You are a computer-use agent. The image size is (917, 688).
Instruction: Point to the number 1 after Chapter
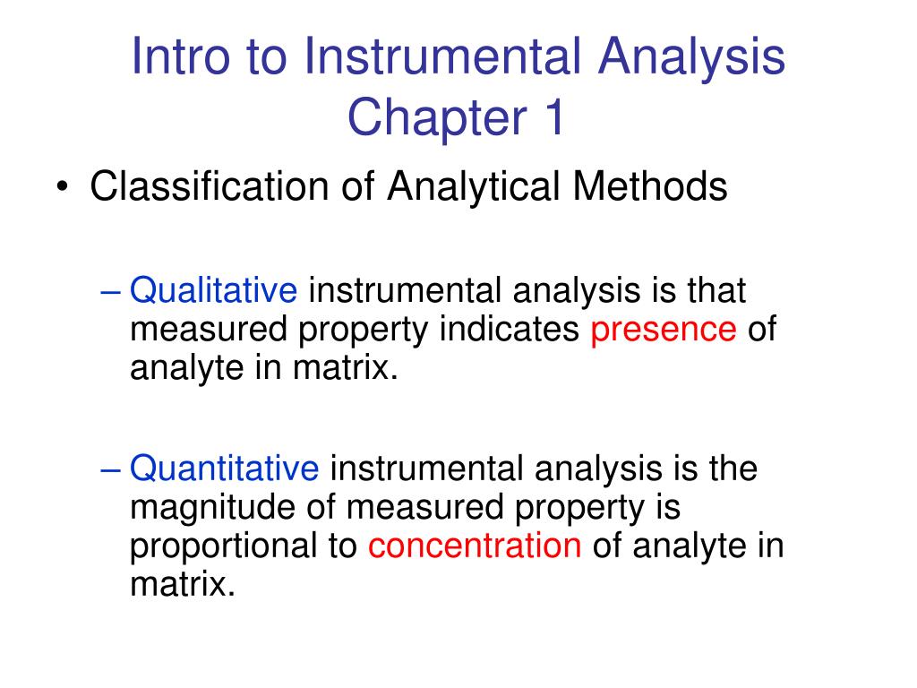pos(554,118)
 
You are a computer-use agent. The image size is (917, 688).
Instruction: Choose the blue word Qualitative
pos(213,292)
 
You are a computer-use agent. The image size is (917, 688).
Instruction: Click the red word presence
pos(664,331)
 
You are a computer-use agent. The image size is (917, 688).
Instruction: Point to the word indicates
pos(509,330)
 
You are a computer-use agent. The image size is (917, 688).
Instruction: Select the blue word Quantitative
pos(224,469)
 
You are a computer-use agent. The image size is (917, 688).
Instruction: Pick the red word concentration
pos(475,546)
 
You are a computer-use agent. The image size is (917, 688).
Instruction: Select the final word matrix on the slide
pos(181,585)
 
